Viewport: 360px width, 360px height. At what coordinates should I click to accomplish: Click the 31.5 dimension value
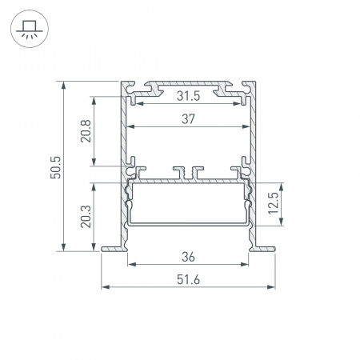(x=189, y=96)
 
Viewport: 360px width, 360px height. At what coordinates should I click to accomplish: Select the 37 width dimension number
(x=189, y=119)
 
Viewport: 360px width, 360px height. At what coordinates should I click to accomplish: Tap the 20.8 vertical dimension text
(x=86, y=131)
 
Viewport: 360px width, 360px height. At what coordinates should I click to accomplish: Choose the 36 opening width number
(x=189, y=257)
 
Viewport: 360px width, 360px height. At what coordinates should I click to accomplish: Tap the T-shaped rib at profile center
(x=189, y=172)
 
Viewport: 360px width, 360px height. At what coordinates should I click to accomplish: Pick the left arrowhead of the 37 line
(x=131, y=126)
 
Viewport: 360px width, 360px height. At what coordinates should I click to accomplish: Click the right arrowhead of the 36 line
(x=246, y=265)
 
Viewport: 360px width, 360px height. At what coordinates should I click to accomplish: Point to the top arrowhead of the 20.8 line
(x=94, y=100)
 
